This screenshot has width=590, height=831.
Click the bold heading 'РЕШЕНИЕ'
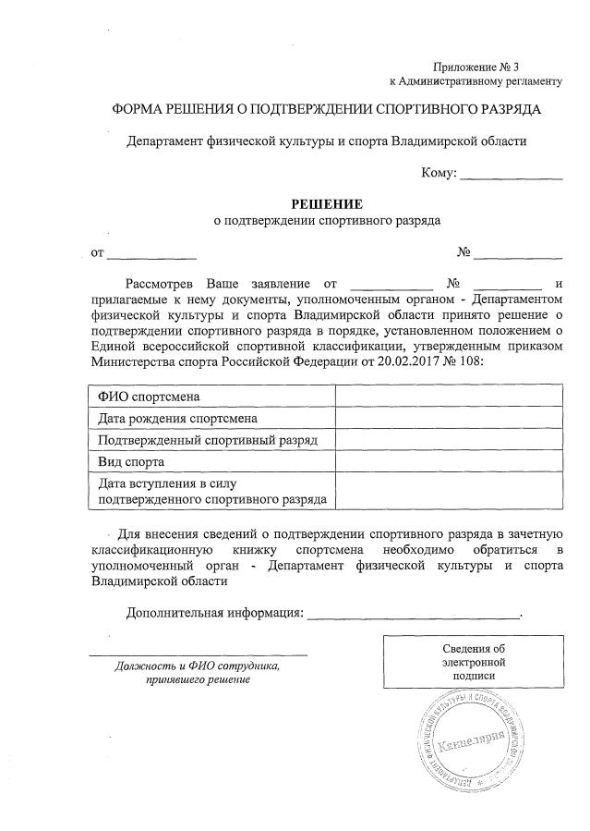327,203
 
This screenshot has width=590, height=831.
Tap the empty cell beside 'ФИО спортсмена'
448,397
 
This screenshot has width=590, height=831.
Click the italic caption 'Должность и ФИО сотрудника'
197,666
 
